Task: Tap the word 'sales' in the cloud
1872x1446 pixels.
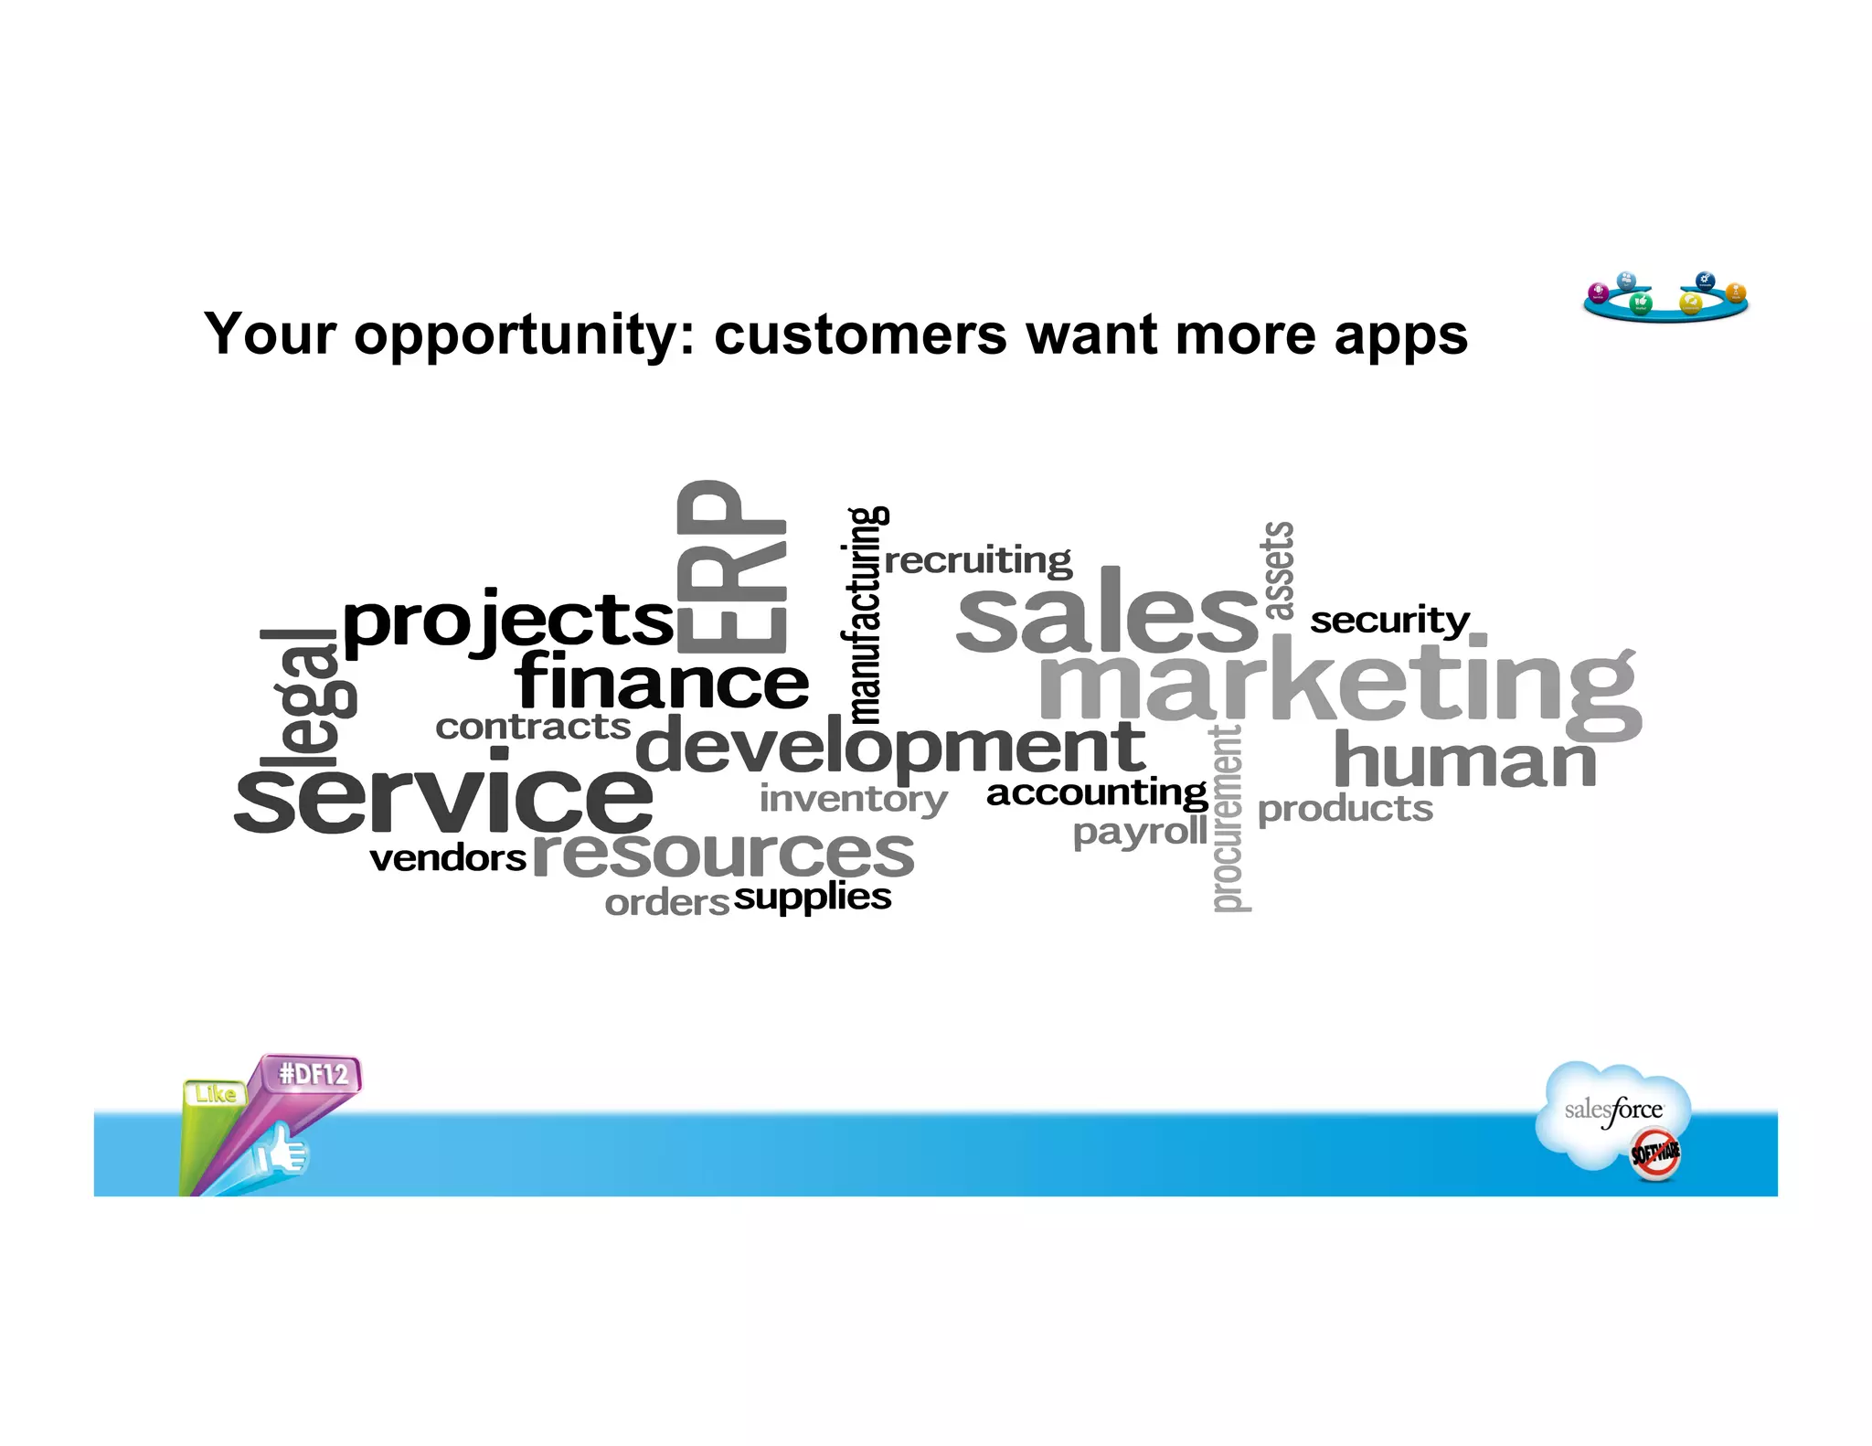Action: pyautogui.click(x=1107, y=615)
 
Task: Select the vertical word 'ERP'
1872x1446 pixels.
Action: pyautogui.click(x=731, y=567)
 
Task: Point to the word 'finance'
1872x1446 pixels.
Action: pyautogui.click(x=662, y=683)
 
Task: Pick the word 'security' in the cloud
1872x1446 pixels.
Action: pyautogui.click(x=1389, y=622)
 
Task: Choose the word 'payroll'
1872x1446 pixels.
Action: pyautogui.click(x=1140, y=832)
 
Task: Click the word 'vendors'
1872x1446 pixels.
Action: pyautogui.click(x=448, y=859)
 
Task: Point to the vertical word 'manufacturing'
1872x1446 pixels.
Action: pyautogui.click(x=864, y=614)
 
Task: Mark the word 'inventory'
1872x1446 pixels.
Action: pyautogui.click(x=853, y=800)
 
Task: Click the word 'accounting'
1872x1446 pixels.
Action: pyautogui.click(x=1097, y=792)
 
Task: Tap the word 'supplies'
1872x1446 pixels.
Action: pyautogui.click(x=812, y=898)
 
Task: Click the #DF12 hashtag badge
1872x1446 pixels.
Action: pyautogui.click(x=314, y=1073)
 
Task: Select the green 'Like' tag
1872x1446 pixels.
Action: pyautogui.click(x=215, y=1094)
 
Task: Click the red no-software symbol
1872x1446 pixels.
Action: pyautogui.click(x=1655, y=1154)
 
